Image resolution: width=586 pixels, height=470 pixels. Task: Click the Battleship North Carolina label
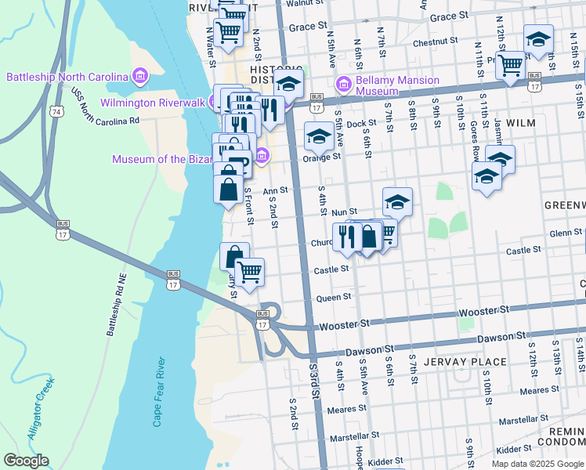(67, 77)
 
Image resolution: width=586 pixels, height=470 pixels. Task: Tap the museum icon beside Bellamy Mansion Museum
(342, 84)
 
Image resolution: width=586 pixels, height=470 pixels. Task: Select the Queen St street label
(333, 298)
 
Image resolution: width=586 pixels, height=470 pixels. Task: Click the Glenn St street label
(565, 233)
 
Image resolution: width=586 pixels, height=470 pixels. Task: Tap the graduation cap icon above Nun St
(397, 203)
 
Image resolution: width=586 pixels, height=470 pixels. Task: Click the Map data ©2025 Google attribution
(537, 464)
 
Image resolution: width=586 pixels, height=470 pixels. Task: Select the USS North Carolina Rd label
(105, 108)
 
